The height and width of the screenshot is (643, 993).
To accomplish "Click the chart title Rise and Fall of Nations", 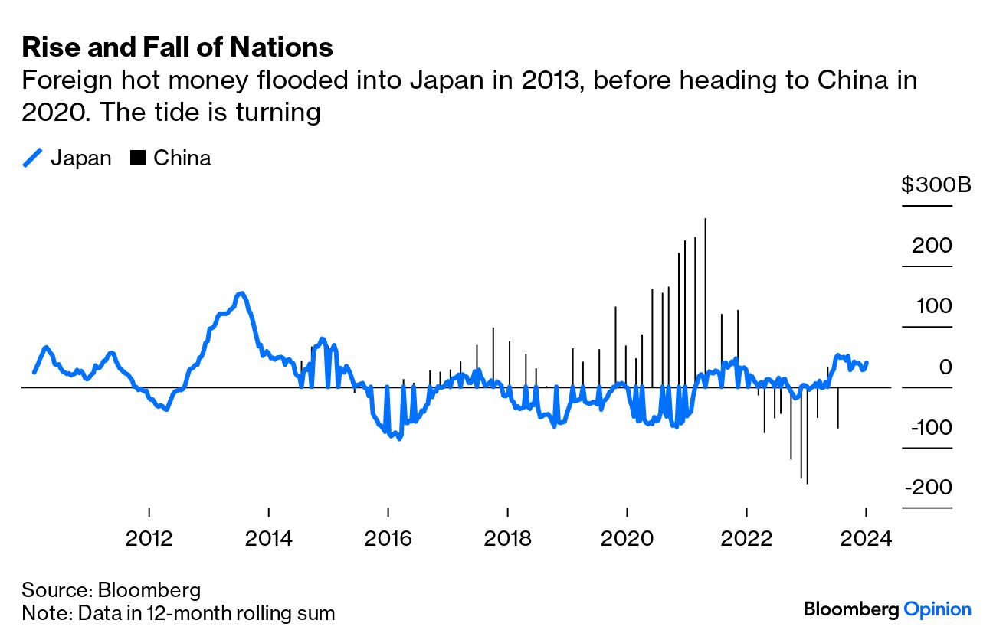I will click(x=177, y=47).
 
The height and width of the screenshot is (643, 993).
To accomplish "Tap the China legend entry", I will click(x=172, y=158).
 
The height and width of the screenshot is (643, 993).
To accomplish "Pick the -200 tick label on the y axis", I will click(x=928, y=488).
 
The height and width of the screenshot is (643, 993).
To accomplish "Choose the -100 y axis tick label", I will click(x=928, y=427).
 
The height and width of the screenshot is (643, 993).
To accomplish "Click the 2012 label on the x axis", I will click(x=149, y=537).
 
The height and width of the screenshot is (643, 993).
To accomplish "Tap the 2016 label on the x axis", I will click(x=388, y=537).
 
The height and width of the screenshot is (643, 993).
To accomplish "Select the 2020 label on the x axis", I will click(x=628, y=537).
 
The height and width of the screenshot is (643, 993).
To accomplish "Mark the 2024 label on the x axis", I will click(x=867, y=537).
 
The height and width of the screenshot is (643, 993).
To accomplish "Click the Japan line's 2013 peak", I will click(x=241, y=293).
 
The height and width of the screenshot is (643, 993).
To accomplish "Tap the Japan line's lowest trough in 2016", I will click(x=398, y=438).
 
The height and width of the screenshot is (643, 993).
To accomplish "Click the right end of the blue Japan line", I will click(x=867, y=363).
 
